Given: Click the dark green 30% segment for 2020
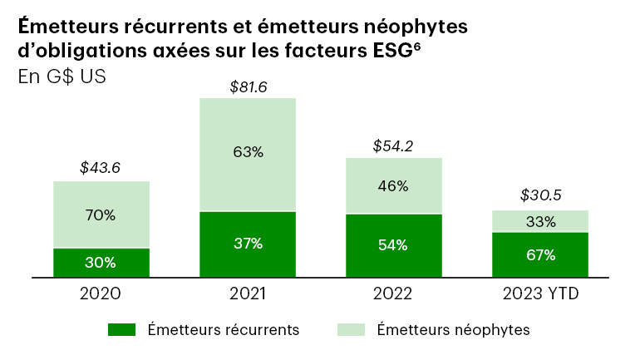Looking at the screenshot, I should pos(101,262).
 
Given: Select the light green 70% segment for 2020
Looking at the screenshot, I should pos(101,215).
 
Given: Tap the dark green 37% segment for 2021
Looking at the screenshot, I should pos(248,244).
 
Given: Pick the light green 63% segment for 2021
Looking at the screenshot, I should pos(248,154).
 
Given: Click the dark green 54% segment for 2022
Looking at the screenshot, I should pos(393,244).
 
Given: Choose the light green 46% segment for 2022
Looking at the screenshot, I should pos(393,185).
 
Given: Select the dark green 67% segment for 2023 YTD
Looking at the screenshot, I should pos(539,254).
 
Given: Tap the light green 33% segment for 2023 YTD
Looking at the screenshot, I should pos(539,221).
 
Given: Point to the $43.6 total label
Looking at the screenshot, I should pos(101,167).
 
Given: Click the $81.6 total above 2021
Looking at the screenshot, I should pos(248,86).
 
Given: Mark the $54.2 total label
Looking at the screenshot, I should pos(393,146).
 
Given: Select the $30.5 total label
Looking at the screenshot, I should pos(540,196).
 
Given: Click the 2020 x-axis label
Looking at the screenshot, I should pos(101,293).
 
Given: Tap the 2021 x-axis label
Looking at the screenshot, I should pos(248,293).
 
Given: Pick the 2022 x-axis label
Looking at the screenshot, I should pos(393,293).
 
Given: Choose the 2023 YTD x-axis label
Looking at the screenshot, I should pos(540,293).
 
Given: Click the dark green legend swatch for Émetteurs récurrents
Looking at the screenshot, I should pos(121,330).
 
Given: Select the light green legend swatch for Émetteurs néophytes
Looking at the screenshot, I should pos(351,330).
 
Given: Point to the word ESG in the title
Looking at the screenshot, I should pos(390,51).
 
